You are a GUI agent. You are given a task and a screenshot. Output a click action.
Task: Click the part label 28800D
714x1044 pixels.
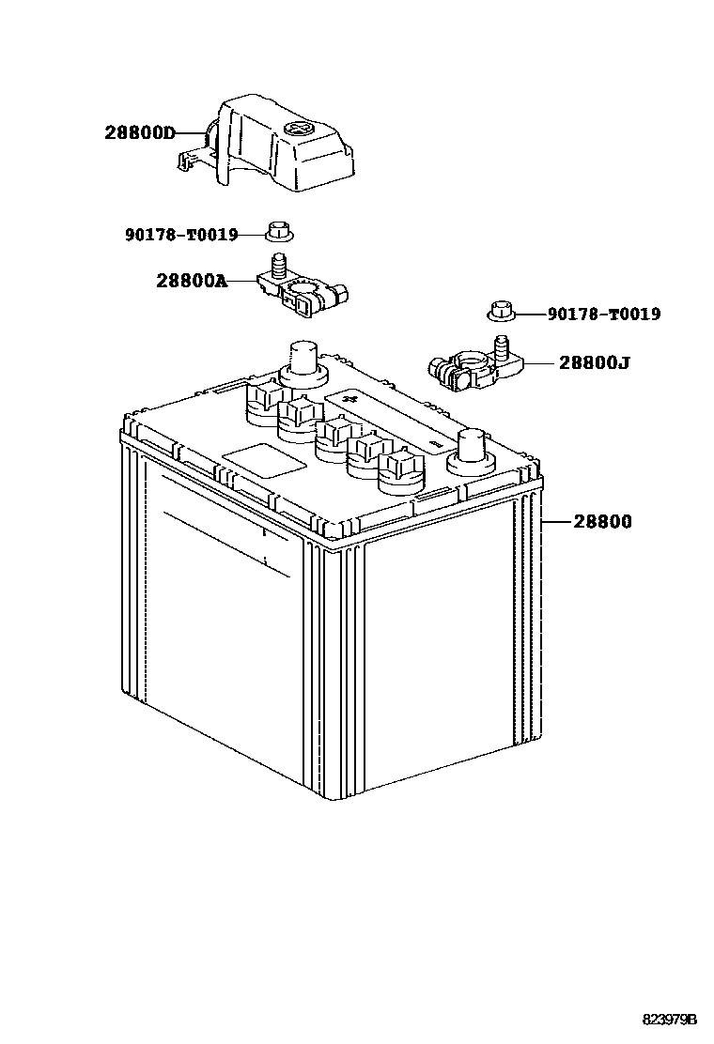point(140,133)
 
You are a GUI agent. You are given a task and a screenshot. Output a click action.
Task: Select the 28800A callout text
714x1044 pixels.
point(192,280)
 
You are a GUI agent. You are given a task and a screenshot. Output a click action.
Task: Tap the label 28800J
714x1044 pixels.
point(595,361)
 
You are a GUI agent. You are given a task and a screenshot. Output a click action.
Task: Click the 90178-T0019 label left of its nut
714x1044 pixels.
point(181,234)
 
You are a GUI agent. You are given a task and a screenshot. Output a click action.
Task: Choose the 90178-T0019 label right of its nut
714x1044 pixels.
point(603,315)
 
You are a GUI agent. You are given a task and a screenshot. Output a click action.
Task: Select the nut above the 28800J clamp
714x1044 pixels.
point(500,309)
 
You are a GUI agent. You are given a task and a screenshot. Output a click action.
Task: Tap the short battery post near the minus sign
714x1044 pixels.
point(469,450)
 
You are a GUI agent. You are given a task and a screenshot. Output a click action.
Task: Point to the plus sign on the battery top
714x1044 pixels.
point(353,400)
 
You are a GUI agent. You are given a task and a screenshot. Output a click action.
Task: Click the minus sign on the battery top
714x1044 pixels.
point(433,438)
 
